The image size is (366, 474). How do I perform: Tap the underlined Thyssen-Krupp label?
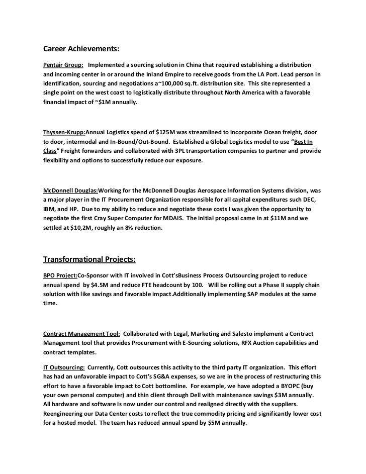tap(64, 132)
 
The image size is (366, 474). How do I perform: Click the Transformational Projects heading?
tap(89, 259)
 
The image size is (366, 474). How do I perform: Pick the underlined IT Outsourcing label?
tap(63, 367)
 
